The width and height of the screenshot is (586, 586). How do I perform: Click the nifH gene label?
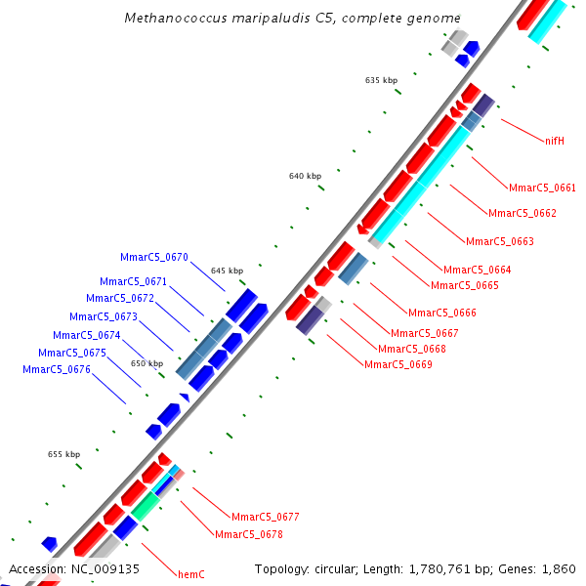click(556, 141)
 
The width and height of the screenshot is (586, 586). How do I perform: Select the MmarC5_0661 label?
click(542, 188)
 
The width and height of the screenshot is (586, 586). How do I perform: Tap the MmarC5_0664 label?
click(477, 270)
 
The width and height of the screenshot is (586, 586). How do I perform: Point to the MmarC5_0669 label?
click(398, 364)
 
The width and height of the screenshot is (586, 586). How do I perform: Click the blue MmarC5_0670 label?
click(153, 257)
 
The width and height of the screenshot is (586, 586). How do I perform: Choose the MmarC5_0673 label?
click(103, 316)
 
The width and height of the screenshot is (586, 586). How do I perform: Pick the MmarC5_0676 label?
click(56, 369)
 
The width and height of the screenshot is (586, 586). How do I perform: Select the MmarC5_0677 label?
click(265, 517)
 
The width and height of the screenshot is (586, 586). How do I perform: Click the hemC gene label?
click(191, 573)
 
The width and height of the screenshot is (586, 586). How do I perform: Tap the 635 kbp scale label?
click(382, 80)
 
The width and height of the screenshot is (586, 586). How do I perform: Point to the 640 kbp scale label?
click(305, 176)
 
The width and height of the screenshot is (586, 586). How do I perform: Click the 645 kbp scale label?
click(227, 271)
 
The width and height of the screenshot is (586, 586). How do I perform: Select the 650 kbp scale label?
click(147, 363)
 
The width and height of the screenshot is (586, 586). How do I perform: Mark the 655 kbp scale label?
click(64, 454)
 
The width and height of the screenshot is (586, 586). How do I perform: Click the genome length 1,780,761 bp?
click(450, 568)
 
